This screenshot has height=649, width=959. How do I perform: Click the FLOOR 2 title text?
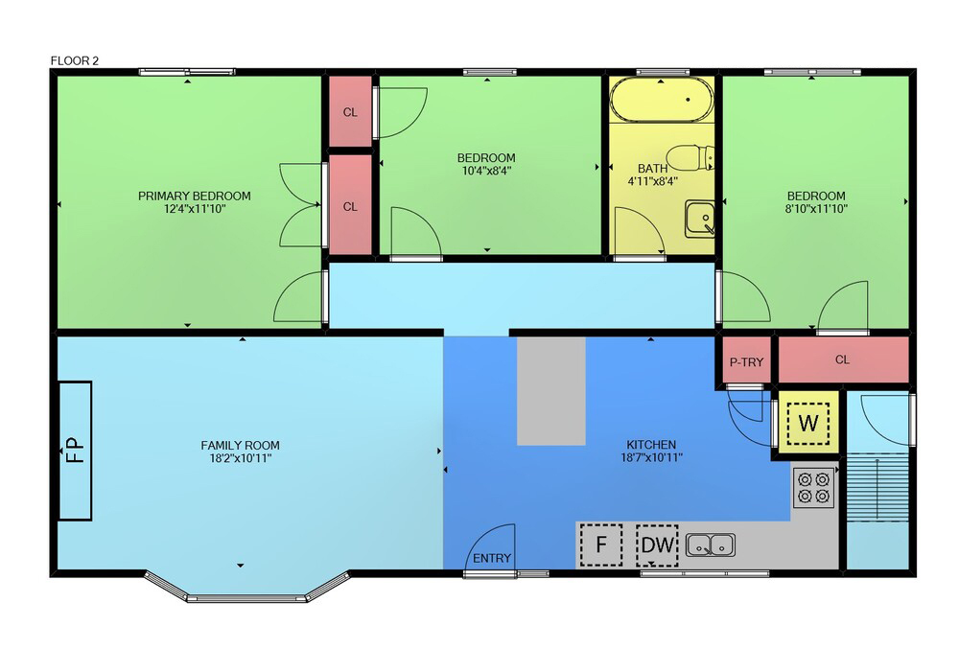74,60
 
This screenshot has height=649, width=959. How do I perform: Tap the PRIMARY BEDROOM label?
194,197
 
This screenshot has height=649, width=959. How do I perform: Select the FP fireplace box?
75,451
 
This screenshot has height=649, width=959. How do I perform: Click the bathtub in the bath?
662,99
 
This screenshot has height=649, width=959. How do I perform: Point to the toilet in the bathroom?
690,157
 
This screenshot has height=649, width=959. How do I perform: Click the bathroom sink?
700,219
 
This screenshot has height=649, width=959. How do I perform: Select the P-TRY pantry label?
746,362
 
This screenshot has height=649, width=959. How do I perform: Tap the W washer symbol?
808,423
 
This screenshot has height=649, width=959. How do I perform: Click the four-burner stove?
814,488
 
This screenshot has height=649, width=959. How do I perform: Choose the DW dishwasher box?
657,545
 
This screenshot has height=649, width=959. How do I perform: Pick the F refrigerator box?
601,545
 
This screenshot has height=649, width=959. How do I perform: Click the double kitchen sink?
710,545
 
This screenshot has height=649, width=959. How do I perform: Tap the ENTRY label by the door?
492,558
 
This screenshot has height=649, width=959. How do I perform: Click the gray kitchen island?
551,391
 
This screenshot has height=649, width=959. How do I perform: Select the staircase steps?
877,487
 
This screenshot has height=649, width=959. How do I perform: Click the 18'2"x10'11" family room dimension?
240,458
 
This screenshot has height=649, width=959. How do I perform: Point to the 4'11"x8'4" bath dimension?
652,181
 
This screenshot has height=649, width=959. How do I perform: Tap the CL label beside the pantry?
842,359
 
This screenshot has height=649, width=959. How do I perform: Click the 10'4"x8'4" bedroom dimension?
486,171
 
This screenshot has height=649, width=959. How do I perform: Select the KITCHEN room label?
651,445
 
